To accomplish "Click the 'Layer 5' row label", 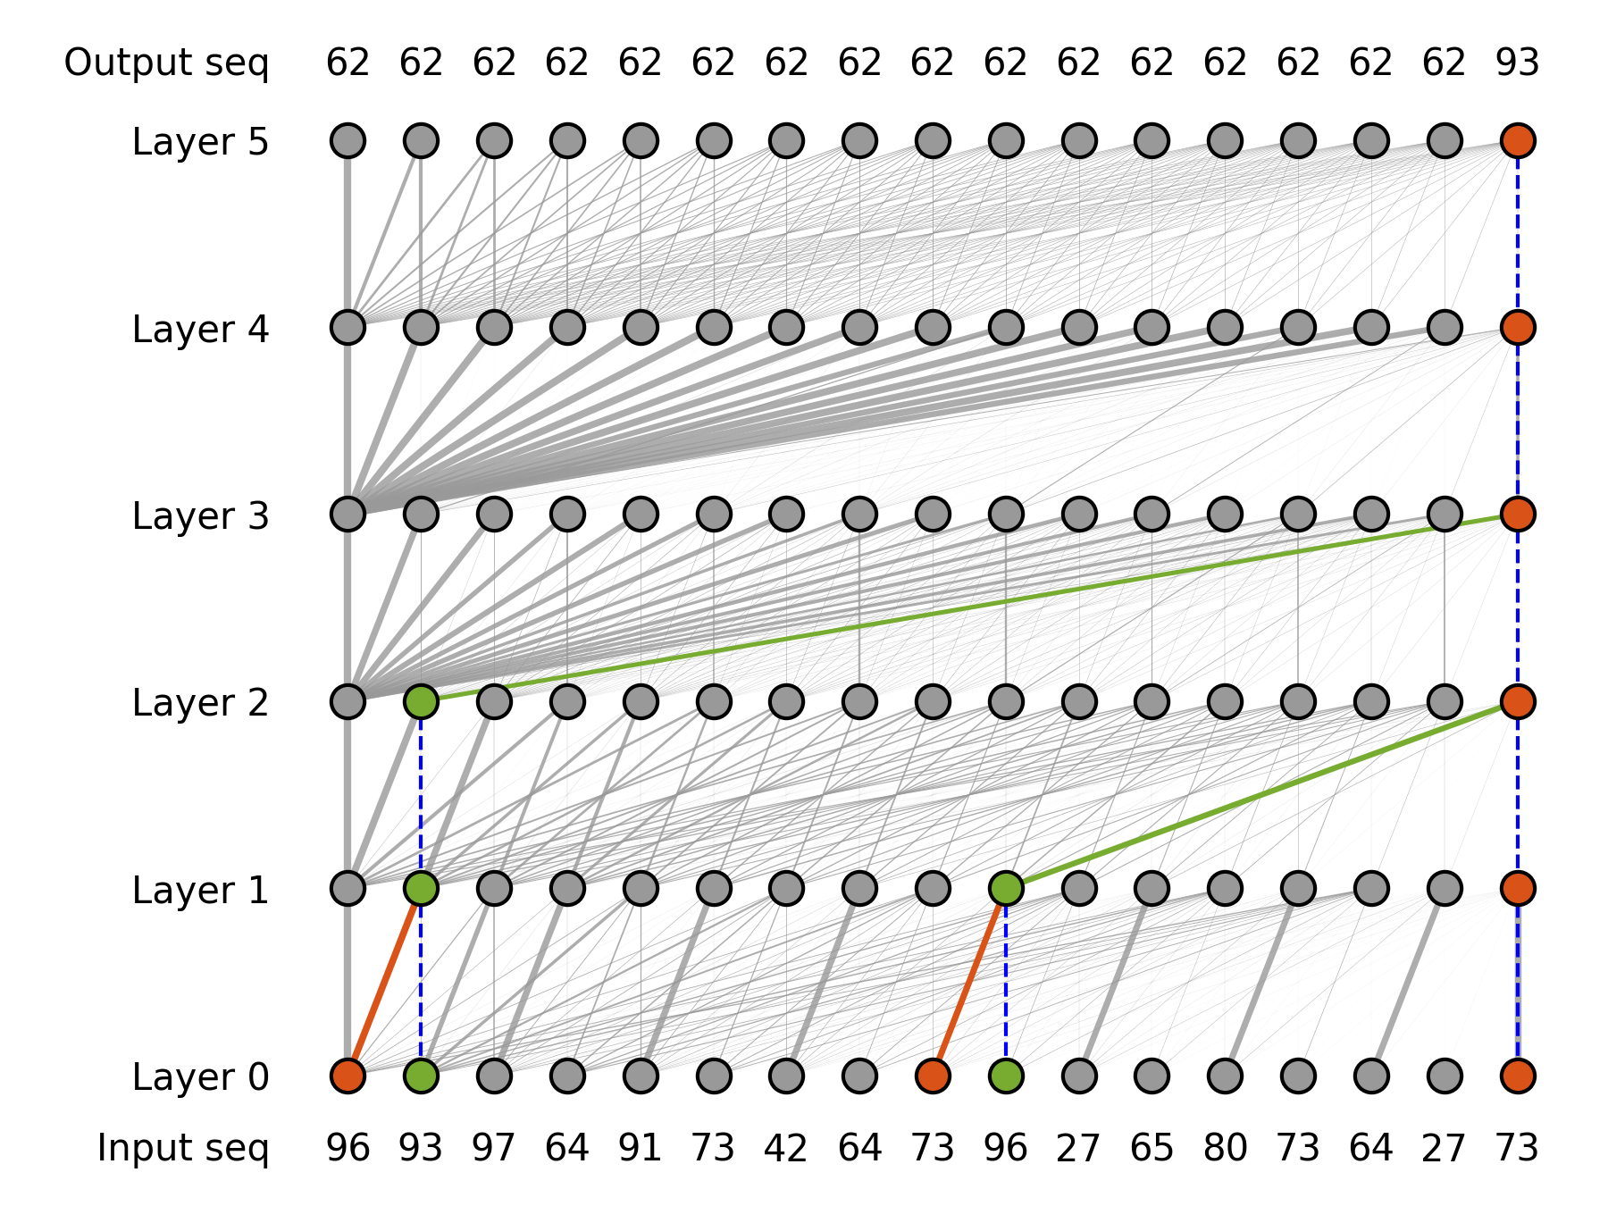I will (x=200, y=142).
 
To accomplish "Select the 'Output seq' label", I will (x=166, y=63).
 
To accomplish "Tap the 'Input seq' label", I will (x=182, y=1148).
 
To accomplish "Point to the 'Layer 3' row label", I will (x=200, y=516).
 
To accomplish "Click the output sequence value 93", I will (x=1517, y=63).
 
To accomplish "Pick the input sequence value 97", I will (x=494, y=1148).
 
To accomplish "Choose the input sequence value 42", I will (x=786, y=1148).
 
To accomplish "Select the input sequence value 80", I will (x=1225, y=1148).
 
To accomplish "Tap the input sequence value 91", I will (x=641, y=1148).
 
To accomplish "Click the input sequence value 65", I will (x=1152, y=1148).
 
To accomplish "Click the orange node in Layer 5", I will (x=1518, y=140).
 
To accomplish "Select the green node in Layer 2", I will (x=421, y=701).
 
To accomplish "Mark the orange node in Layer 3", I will (x=1518, y=514).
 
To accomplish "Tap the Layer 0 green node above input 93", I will (x=421, y=1076).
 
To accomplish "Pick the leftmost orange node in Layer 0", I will (x=348, y=1076).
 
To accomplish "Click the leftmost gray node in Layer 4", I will (x=348, y=327).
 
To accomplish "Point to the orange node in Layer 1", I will (x=1518, y=888).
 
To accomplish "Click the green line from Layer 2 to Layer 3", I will (x=969, y=607).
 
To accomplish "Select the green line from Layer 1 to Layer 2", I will (x=1261, y=795).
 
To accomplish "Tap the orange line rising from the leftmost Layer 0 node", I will (x=384, y=982).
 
